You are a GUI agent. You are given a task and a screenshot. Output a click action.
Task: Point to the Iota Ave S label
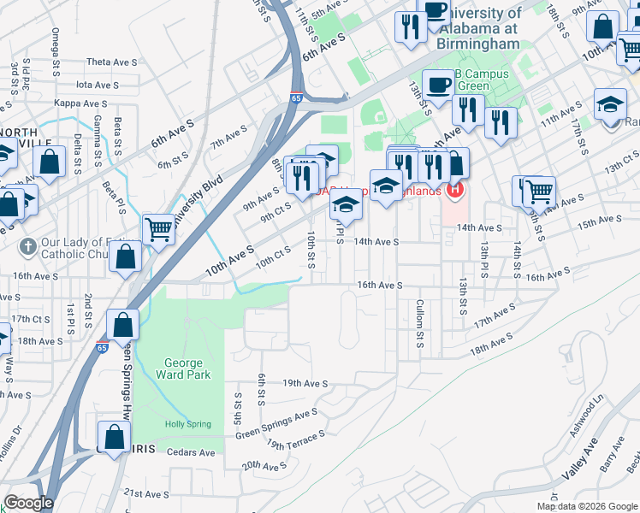point(97,85)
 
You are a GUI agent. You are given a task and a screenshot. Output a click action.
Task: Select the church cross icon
point(28,245)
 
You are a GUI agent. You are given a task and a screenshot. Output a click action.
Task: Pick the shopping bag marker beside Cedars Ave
point(114,436)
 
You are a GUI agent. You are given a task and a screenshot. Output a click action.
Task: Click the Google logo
point(27,503)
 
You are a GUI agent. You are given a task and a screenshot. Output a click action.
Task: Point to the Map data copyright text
point(586,506)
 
